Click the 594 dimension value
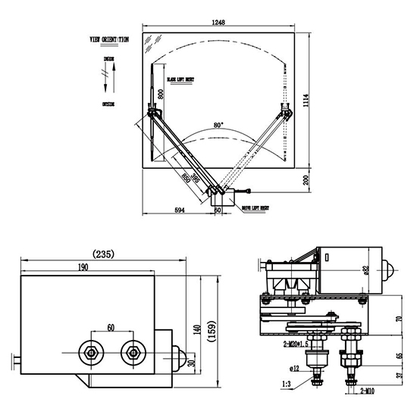pos(179,210)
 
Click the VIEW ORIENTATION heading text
pos(108,38)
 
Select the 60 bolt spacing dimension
pos(112,329)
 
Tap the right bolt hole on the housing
pos(135,352)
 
